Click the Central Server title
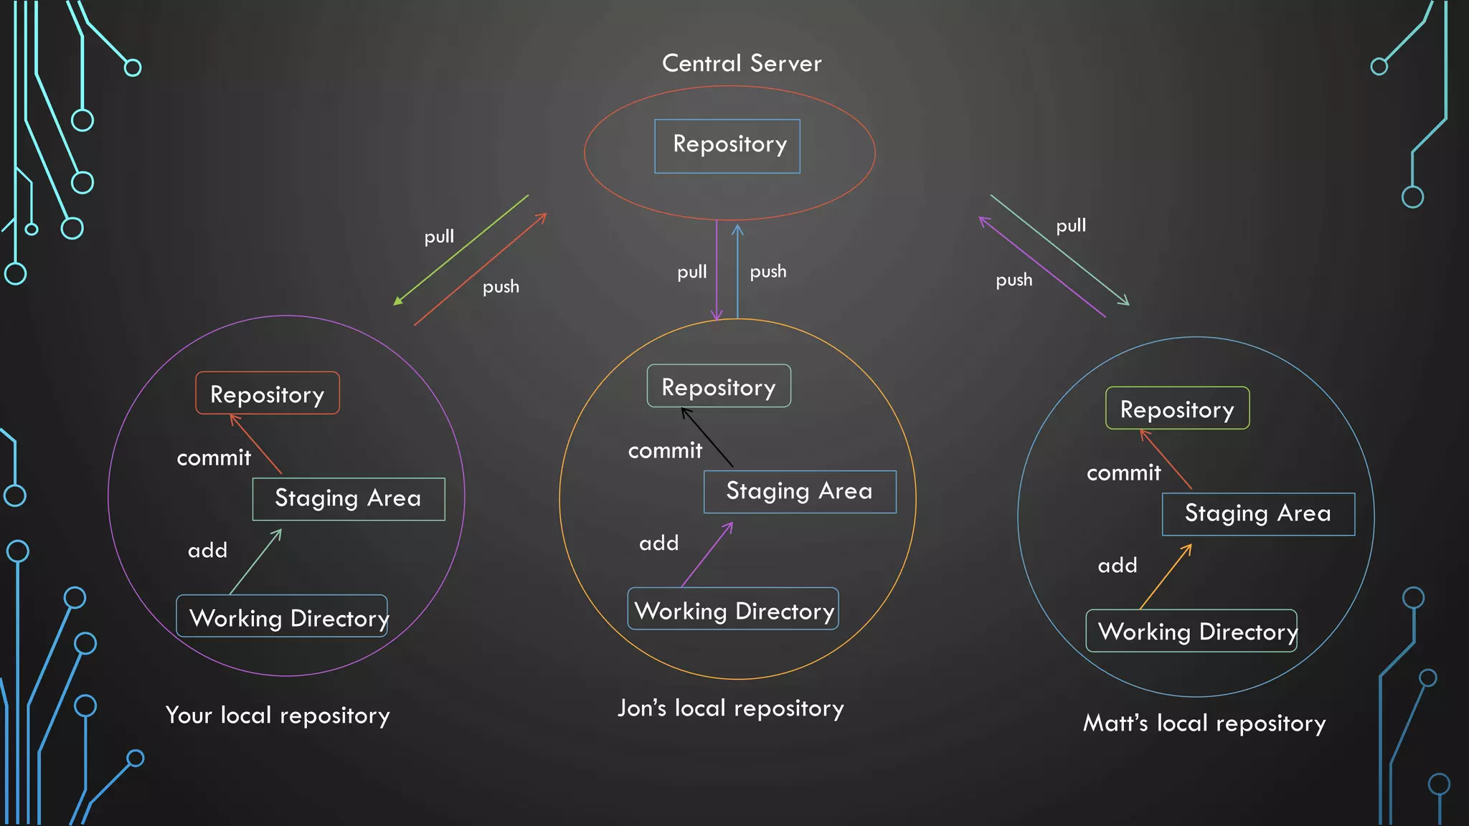[742, 63]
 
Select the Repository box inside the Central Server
[727, 146]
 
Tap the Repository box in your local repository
[268, 393]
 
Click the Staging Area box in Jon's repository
[800, 492]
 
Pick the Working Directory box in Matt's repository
[1192, 631]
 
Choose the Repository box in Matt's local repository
[1177, 409]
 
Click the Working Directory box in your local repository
[282, 616]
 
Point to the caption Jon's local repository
[730, 708]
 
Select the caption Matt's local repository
[1204, 723]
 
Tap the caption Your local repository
[278, 715]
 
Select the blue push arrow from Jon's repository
[737, 272]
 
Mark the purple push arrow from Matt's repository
[1042, 266]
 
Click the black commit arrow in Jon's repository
[707, 437]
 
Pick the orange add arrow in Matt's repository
[1166, 576]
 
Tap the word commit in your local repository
[214, 457]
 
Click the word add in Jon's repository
[658, 543]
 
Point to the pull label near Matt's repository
[1071, 226]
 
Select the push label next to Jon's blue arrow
[768, 272]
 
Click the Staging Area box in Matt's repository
[1258, 514]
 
